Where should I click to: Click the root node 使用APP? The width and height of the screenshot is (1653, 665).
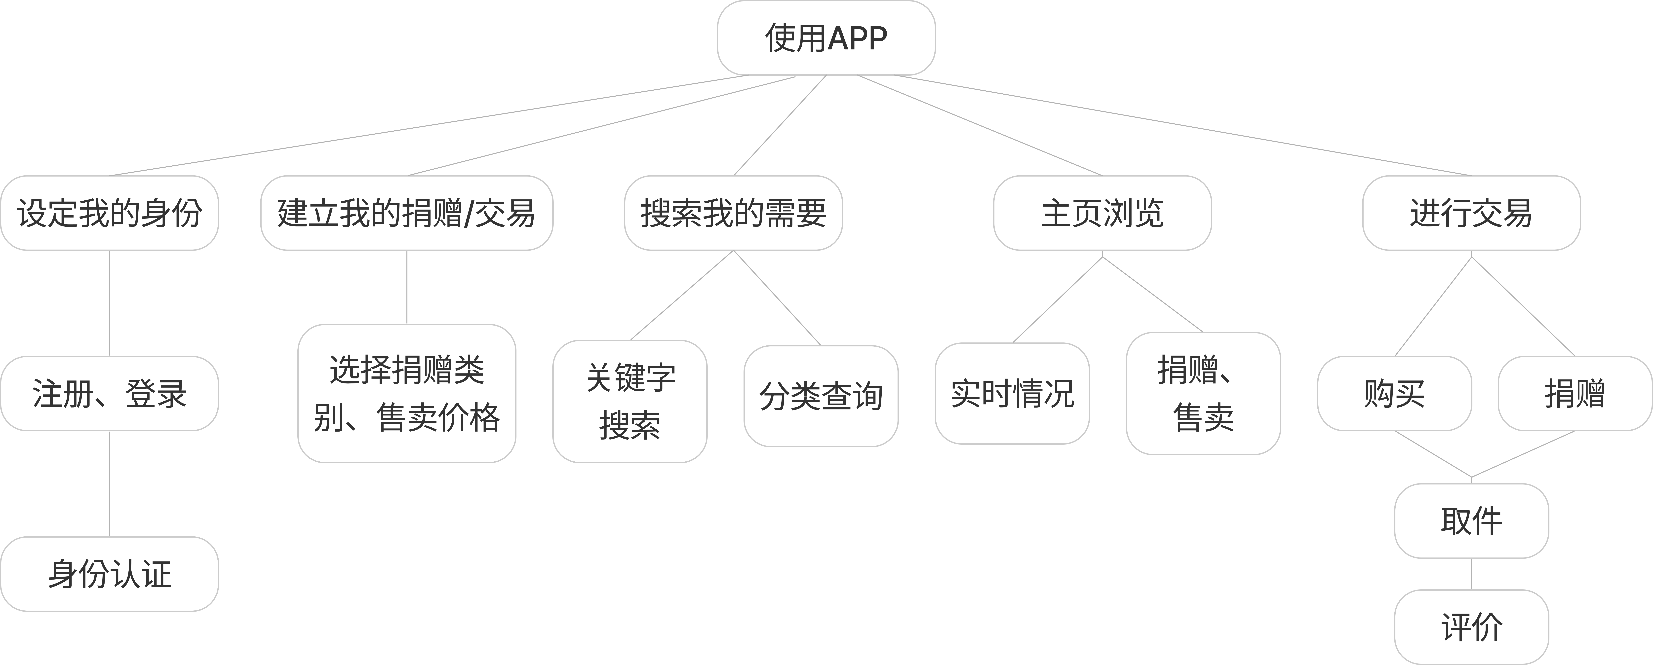click(826, 38)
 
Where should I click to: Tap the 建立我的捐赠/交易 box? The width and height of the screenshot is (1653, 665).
click(406, 213)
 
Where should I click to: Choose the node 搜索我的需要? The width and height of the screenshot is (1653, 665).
click(733, 213)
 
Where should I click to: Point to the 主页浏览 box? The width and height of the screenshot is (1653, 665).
click(1102, 213)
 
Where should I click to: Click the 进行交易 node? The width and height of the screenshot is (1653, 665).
click(1471, 213)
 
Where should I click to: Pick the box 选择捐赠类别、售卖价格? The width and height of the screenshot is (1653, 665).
click(406, 393)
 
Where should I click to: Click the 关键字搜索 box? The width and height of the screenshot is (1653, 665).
click(630, 401)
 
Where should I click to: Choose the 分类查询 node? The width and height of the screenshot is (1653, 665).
click(821, 396)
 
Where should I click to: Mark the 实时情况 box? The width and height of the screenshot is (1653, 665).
click(1012, 393)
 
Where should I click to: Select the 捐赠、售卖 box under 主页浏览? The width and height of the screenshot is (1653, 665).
click(1203, 393)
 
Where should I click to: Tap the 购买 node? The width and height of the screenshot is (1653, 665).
click(1394, 393)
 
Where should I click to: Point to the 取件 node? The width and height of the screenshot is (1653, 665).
click(1471, 521)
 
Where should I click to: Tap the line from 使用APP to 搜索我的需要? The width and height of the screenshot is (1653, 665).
click(780, 125)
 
